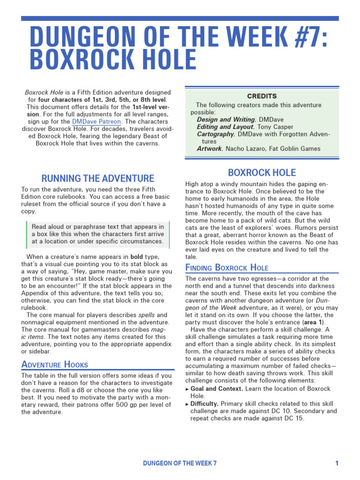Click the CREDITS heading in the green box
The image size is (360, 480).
[262, 96]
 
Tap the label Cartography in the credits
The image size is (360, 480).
[216, 134]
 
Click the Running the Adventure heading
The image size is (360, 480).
[97, 178]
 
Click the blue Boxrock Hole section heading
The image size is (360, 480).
[262, 172]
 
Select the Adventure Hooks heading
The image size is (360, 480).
[54, 364]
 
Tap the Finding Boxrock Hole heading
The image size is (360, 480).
[227, 268]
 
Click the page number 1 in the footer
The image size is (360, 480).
[337, 463]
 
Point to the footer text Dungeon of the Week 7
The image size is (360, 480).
[180, 463]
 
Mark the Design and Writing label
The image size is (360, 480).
[226, 120]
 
